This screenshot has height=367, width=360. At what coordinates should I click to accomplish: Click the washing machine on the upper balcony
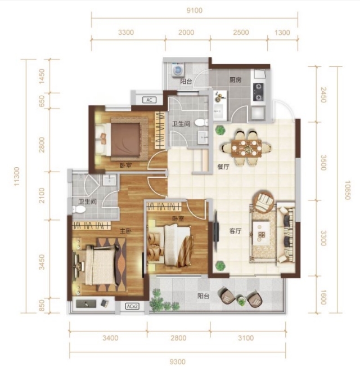pos(178,69)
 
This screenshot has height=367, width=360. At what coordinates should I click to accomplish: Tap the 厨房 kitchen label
pos(235,80)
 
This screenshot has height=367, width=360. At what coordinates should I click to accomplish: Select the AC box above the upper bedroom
pos(149,100)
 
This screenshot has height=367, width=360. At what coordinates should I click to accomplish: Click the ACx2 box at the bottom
pos(132,306)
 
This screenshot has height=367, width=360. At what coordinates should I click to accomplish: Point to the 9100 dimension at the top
pos(195,11)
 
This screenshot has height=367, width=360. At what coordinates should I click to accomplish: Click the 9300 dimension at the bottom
pos(178,361)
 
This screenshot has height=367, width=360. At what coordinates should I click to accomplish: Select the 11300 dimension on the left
pos(17,176)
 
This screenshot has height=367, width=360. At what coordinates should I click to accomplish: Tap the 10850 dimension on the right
pos(348,190)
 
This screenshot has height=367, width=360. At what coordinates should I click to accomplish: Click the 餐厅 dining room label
pos(223,167)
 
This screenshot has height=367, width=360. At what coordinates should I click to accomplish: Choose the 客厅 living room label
pos(235,231)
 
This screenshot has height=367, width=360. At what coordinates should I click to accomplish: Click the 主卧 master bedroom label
pos(125,231)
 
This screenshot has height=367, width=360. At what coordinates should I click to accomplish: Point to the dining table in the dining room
pos(246,148)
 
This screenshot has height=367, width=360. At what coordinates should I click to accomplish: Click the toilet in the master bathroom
pos(78,209)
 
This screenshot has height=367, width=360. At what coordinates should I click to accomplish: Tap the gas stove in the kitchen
pos(259,92)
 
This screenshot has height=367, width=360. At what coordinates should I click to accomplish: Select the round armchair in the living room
pos(263,201)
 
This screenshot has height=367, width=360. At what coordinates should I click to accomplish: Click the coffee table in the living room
pos(262,233)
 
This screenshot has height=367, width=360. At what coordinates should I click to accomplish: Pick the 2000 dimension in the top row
pos(186,32)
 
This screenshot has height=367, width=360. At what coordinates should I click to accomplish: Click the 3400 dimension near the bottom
pos(110,338)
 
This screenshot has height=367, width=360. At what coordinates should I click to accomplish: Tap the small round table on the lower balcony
pos(241,301)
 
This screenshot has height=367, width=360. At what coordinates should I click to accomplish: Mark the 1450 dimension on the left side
pos(42,76)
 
